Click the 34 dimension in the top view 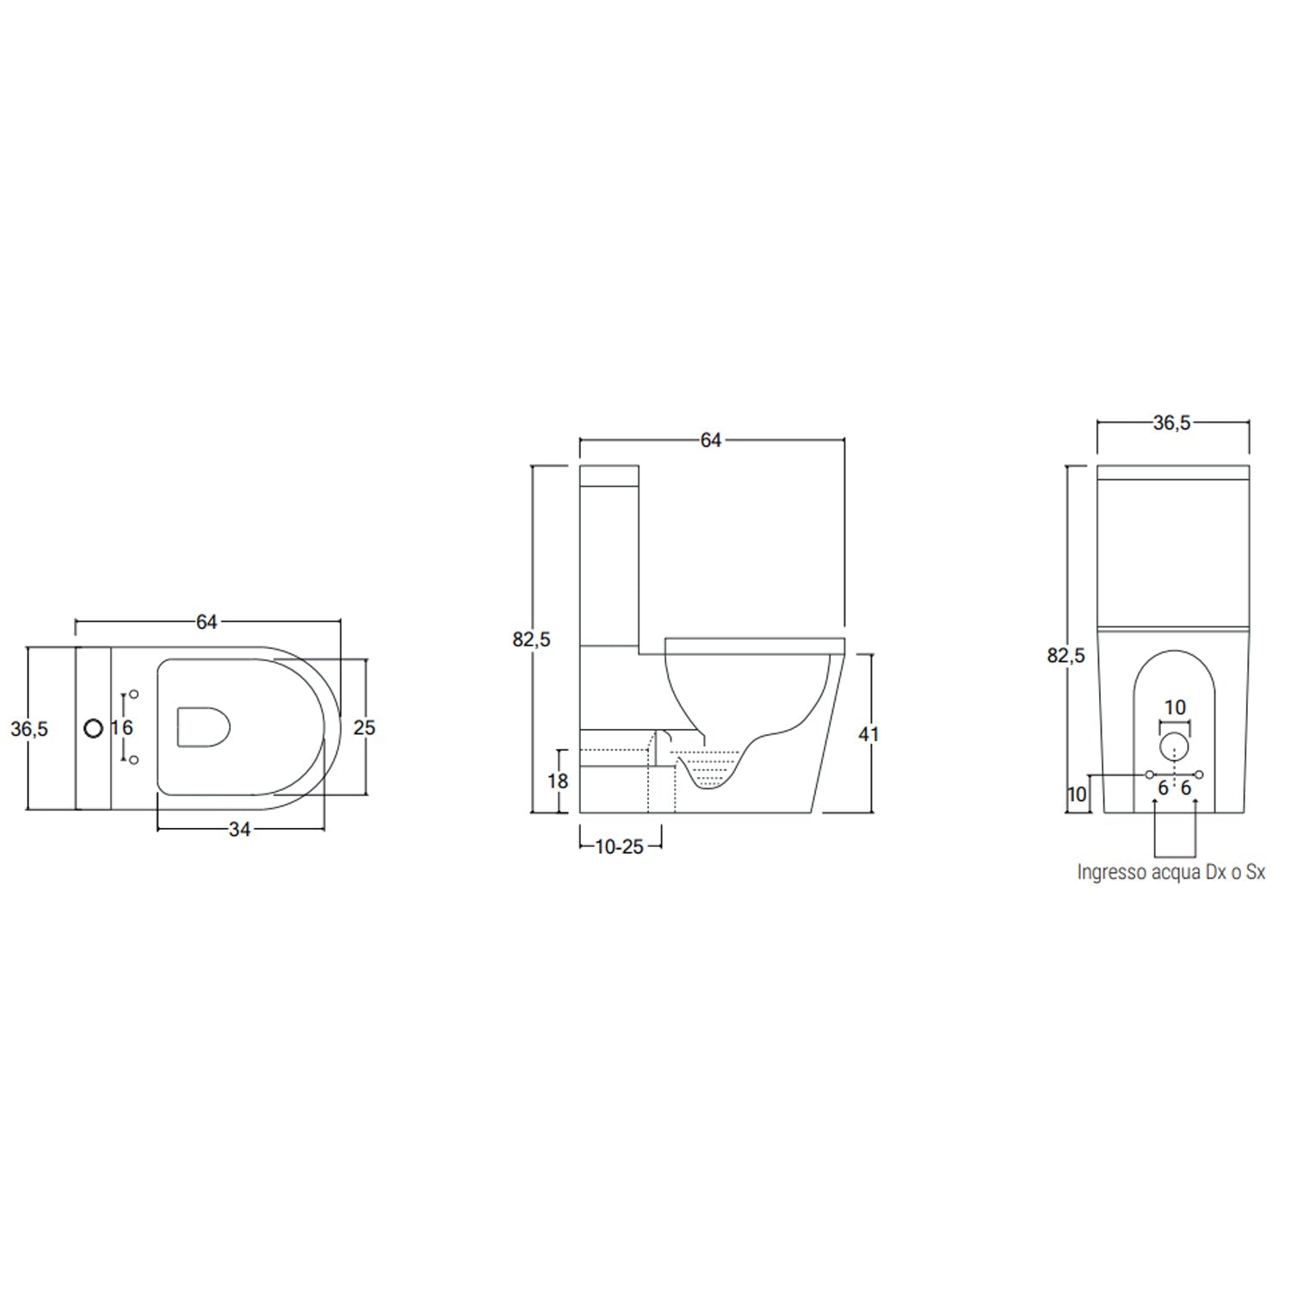pos(239,829)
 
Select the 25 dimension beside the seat pos(364,727)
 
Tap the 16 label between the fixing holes pos(121,727)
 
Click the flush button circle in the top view pos(93,728)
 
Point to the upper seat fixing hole pos(133,694)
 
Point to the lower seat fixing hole pos(133,760)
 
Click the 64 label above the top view pos(207,621)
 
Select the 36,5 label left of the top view pos(29,729)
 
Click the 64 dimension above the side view pos(710,440)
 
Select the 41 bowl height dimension pos(869,733)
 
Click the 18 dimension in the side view pos(558,781)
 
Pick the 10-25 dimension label pos(620,847)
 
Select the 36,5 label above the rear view pos(1171,423)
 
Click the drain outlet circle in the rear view pos(1174,746)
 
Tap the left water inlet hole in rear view pos(1149,775)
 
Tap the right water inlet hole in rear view pos(1199,775)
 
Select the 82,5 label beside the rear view pos(1066,656)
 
